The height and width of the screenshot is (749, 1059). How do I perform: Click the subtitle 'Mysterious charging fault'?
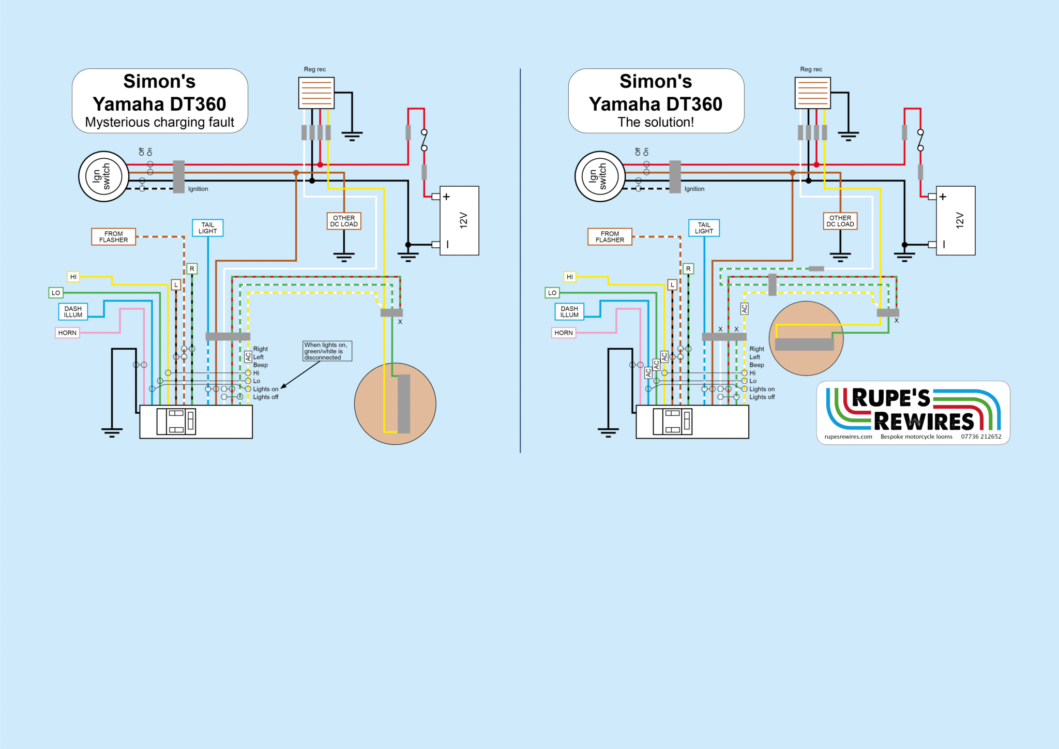(x=159, y=123)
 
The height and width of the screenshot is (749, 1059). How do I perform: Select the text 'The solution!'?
(x=656, y=123)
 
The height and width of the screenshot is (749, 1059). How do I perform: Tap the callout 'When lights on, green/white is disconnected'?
(x=327, y=351)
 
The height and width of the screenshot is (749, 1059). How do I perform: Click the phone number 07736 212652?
(x=981, y=437)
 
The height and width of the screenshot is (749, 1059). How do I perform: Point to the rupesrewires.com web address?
(x=848, y=437)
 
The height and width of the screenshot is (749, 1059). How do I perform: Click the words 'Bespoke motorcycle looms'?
(x=916, y=437)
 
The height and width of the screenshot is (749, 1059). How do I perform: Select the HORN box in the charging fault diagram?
(x=67, y=333)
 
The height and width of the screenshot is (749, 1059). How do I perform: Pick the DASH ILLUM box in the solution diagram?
(x=569, y=312)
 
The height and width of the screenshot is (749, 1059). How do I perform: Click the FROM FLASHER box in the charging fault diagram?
(x=114, y=237)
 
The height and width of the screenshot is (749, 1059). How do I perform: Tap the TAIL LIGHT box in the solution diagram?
(x=704, y=228)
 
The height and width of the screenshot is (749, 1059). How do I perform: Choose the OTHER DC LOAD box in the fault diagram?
(x=344, y=221)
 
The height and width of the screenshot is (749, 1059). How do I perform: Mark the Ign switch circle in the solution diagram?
(x=600, y=176)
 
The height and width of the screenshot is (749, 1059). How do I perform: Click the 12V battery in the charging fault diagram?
(x=459, y=221)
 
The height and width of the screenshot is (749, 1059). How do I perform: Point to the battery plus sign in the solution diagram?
(x=943, y=197)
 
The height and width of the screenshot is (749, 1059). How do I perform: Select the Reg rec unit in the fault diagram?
(x=316, y=93)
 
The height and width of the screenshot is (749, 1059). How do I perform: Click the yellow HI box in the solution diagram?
(x=570, y=277)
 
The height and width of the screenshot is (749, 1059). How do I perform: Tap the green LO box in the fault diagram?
(x=56, y=293)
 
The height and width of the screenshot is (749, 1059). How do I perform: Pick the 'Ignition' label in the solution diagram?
(x=694, y=189)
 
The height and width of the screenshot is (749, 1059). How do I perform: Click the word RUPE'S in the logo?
(x=890, y=398)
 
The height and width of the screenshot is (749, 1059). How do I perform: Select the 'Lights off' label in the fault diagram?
(x=265, y=397)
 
